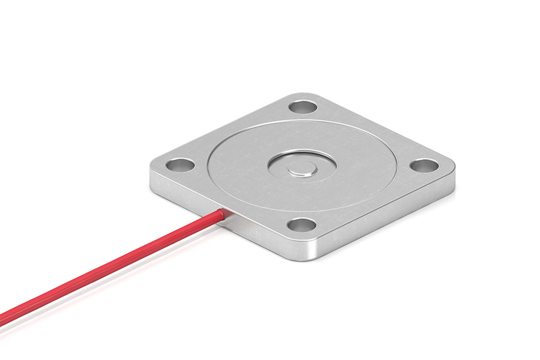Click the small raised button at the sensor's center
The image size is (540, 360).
point(302,169)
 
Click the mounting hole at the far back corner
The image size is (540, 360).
point(302,108)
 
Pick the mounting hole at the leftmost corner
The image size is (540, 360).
point(179,164)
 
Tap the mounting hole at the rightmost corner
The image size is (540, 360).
point(424,165)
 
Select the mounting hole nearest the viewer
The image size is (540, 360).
point(301,225)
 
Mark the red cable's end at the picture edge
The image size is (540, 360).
point(2,316)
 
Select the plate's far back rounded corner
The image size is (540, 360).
point(304,96)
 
